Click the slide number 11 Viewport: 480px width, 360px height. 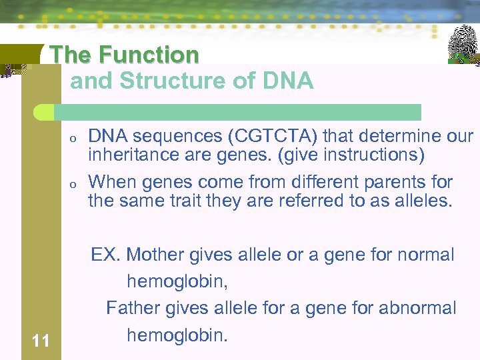click(x=41, y=341)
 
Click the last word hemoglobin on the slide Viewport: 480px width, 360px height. click(x=176, y=335)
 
